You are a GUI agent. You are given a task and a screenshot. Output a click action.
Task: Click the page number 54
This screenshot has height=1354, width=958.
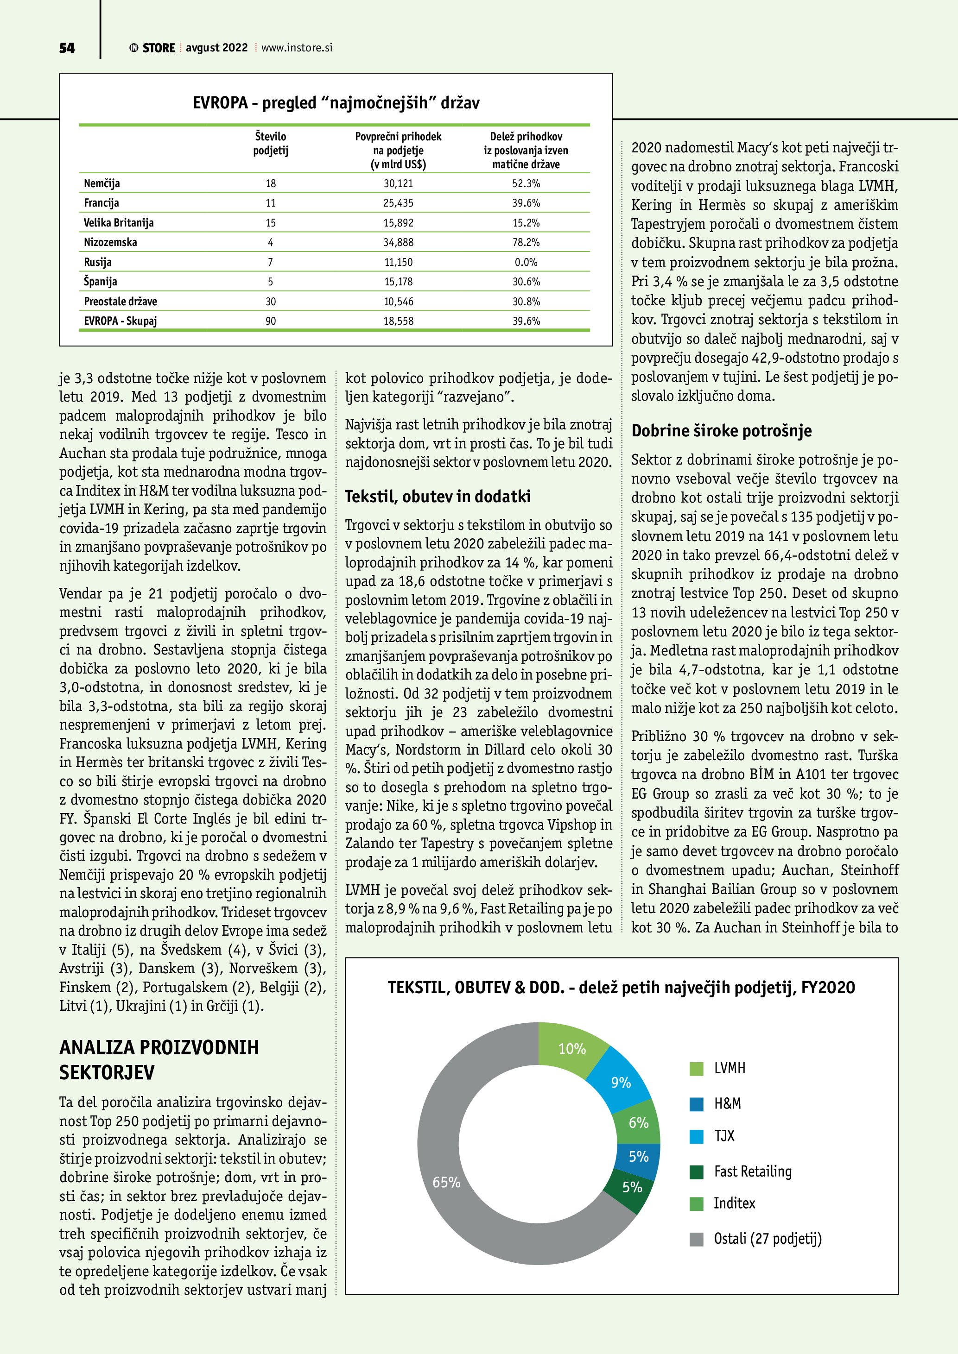coord(67,48)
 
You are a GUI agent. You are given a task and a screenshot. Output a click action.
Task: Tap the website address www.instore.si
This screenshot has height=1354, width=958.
coord(297,48)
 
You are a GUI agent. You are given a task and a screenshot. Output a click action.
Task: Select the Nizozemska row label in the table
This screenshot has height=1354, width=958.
coord(110,242)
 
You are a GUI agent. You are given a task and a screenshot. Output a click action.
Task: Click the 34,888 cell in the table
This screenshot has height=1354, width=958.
coord(398,242)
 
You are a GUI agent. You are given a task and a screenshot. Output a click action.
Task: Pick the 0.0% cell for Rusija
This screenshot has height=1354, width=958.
coord(526,262)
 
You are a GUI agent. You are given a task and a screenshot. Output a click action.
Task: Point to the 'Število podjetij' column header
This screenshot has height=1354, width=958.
coord(271,143)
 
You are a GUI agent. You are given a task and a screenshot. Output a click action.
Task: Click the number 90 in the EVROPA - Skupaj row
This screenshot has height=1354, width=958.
coord(271,321)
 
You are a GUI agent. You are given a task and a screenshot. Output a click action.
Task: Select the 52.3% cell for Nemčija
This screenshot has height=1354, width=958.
coord(526,183)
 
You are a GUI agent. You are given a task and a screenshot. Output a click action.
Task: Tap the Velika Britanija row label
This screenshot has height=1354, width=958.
coord(119,222)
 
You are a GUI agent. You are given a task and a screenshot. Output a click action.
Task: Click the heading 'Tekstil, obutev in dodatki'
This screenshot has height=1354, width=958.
coord(438,497)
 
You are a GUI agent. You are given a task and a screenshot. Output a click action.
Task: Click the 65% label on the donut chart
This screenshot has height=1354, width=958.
coord(446,1183)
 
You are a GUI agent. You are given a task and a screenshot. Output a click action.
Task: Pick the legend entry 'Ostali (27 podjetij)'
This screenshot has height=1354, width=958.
coord(767,1238)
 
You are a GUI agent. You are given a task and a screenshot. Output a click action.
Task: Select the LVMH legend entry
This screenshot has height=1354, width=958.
coord(729,1068)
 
